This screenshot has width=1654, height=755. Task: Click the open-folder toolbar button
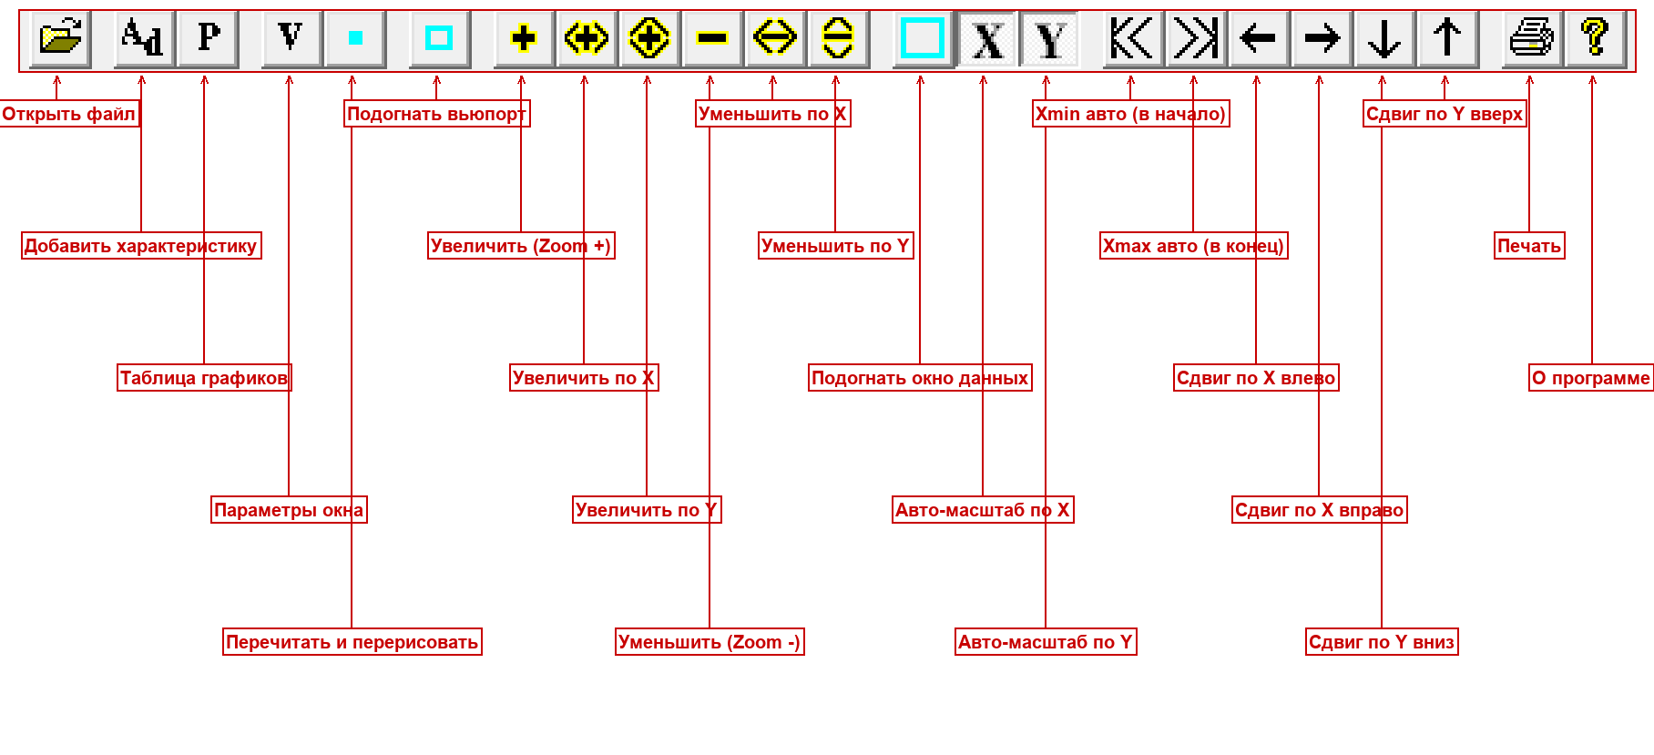pos(60,39)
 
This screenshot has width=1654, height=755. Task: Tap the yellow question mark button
pos(1595,39)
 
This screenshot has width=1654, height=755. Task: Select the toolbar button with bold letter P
pos(208,39)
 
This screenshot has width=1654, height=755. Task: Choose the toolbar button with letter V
pos(291,39)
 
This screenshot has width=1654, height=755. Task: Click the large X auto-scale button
pos(987,39)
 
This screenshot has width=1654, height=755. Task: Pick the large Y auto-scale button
pos(1049,39)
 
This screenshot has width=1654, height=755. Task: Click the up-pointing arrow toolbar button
pos(1447,39)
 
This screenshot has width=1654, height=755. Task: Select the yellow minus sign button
pos(712,39)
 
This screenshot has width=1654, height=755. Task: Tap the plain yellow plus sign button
pos(524,39)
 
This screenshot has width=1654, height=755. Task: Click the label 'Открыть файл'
pos(68,114)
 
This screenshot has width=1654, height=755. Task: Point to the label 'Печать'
pos(1529,246)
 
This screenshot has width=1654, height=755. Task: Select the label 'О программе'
pos(1590,378)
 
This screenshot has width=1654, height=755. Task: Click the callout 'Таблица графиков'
pos(204,378)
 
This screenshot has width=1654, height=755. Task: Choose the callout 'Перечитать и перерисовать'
pos(352,642)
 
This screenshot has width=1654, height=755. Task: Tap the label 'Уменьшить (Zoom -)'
pos(710,642)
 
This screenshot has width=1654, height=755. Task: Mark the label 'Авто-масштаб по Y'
pos(1046,642)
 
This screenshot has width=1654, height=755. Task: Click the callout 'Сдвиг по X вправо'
pos(1319,510)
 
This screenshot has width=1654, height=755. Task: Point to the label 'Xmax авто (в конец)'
pos(1193,246)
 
